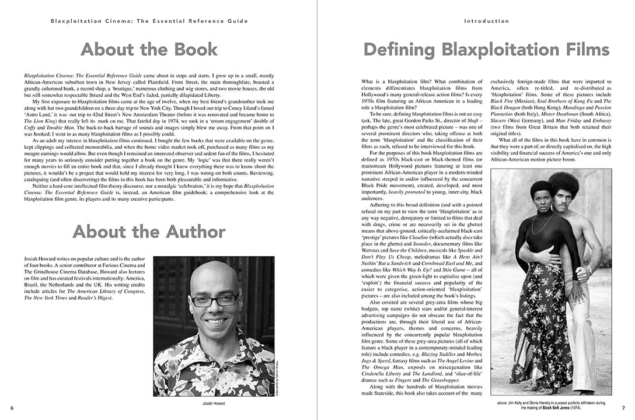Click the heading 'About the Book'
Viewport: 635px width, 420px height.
pyautogui.click(x=149, y=49)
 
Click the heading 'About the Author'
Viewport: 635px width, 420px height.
pyautogui.click(x=149, y=232)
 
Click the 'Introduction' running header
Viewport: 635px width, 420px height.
pyautogui.click(x=487, y=21)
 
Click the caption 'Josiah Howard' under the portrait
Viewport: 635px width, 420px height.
pyautogui.click(x=213, y=403)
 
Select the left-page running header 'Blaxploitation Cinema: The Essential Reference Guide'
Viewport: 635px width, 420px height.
pyautogui.click(x=149, y=21)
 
